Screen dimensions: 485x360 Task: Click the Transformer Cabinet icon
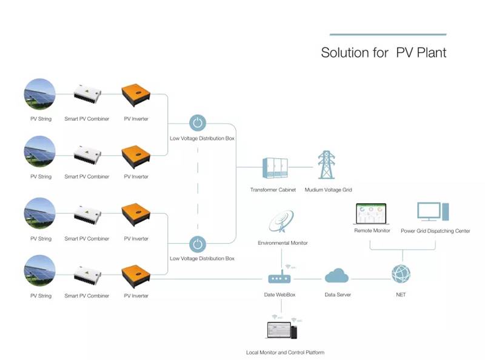[x=275, y=168]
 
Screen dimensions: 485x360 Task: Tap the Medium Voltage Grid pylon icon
[x=326, y=164]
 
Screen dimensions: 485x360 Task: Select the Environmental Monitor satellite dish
[x=281, y=221]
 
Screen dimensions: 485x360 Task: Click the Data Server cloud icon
[x=336, y=275]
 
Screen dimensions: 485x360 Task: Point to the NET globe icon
[x=401, y=274]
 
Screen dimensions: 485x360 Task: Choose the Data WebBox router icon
[x=279, y=278]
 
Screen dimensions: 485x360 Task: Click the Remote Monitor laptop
[x=371, y=214]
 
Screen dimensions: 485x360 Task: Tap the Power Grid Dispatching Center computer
[x=433, y=212]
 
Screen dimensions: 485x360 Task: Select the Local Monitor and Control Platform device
[x=282, y=330]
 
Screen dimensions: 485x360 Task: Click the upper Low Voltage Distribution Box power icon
[x=198, y=123]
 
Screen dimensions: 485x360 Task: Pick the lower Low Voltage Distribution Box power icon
[x=198, y=244]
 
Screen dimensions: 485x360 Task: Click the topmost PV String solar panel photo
[x=40, y=94]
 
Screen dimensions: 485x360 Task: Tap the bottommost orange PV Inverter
[x=136, y=276]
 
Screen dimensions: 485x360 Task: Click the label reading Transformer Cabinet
[x=273, y=190]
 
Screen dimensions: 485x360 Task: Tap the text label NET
[x=401, y=295]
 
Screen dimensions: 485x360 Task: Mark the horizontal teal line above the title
[x=388, y=35]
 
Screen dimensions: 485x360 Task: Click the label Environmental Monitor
[x=283, y=243]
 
